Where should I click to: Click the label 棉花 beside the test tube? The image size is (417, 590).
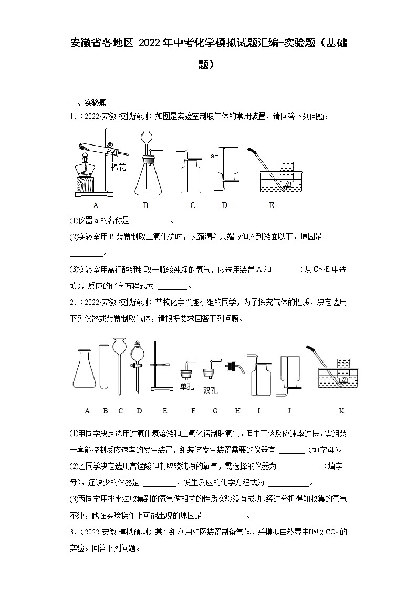click(x=119, y=167)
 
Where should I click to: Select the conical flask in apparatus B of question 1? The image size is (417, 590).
click(x=147, y=176)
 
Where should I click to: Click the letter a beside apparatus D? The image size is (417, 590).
click(x=213, y=156)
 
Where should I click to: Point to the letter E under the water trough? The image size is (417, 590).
click(x=272, y=205)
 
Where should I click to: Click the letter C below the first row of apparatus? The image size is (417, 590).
click(x=193, y=205)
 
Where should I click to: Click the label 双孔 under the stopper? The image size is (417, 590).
click(x=210, y=390)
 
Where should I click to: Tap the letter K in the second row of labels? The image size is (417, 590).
click(x=341, y=411)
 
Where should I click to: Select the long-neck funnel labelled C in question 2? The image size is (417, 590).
click(x=120, y=363)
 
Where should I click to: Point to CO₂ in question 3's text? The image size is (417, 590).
click(x=333, y=533)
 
